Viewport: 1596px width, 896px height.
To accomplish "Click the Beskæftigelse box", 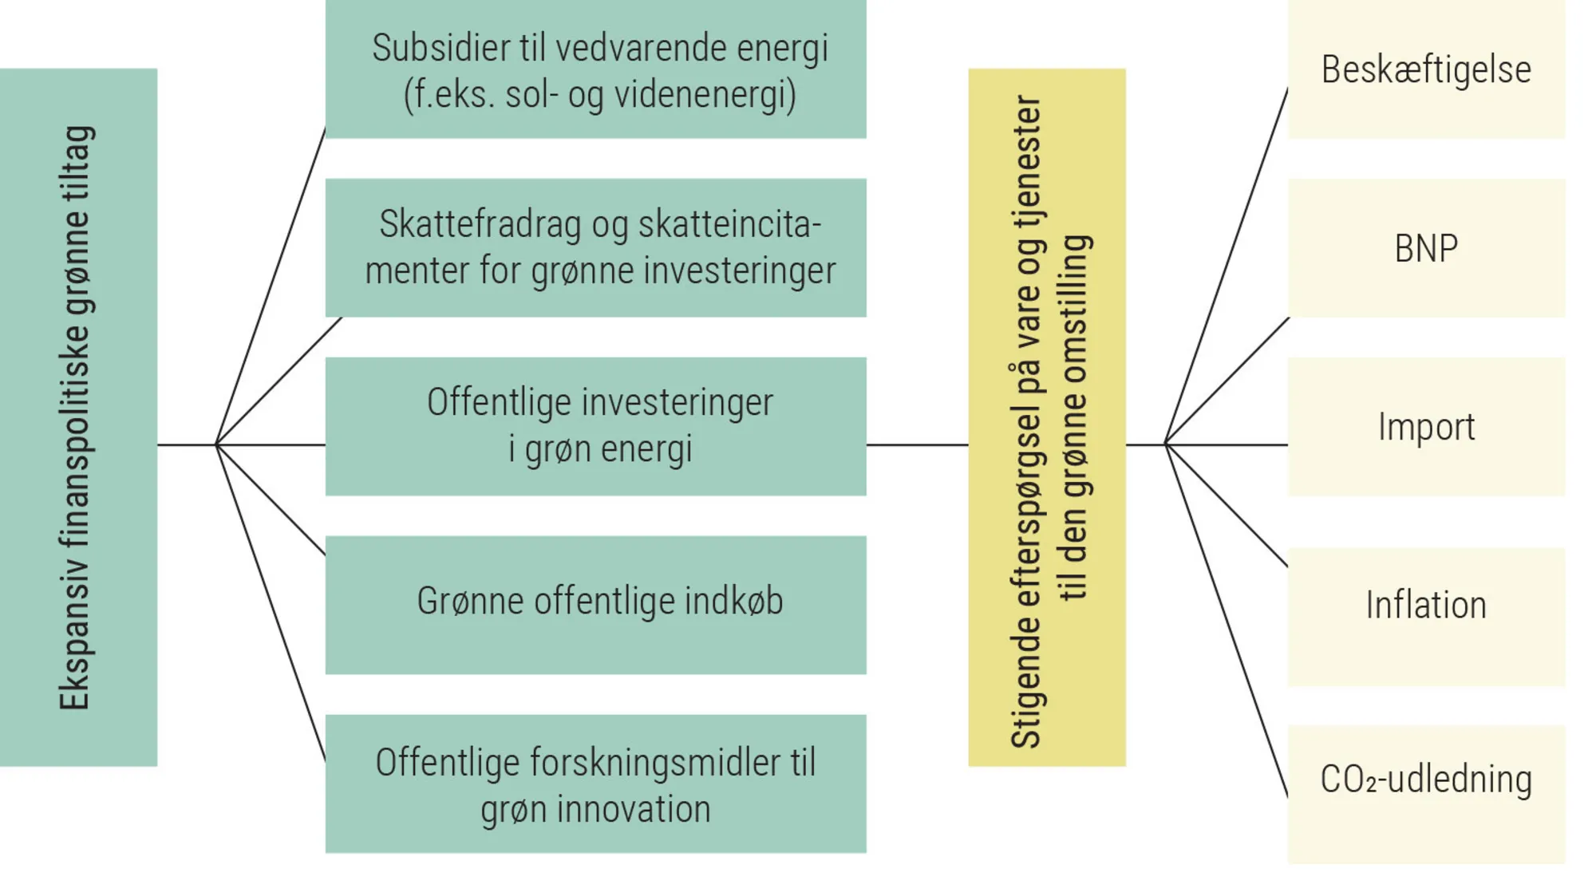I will [x=1426, y=69].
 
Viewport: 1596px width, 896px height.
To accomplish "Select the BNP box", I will [x=1426, y=248].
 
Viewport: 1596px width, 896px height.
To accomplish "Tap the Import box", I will [x=1426, y=427].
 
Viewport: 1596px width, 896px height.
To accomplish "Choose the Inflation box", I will [x=1426, y=616].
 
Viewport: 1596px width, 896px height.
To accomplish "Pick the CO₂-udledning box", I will [x=1426, y=794].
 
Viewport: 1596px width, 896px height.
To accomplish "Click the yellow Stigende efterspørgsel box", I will [x=1046, y=417].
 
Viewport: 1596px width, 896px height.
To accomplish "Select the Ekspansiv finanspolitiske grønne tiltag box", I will [x=78, y=417].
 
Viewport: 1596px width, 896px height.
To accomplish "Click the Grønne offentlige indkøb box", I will [x=595, y=605].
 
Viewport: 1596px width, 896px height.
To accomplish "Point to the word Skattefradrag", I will [x=480, y=224].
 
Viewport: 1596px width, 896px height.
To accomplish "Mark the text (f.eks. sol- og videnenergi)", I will [x=600, y=95].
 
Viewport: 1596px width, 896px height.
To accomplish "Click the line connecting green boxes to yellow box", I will [x=917, y=444].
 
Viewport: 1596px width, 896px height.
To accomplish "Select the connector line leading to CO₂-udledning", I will [x=1227, y=621].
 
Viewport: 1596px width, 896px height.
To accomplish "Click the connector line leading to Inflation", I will [x=1227, y=506].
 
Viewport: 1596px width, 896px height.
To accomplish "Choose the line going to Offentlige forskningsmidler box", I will [x=271, y=603].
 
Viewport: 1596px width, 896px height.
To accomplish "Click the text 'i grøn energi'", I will [x=600, y=449].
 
